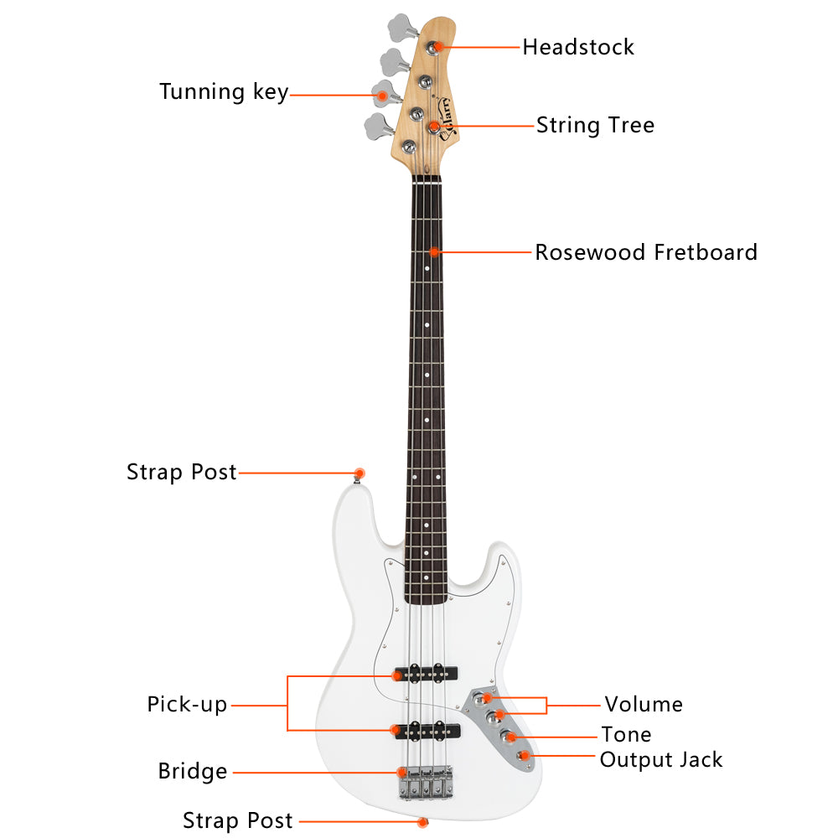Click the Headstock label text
click(x=578, y=47)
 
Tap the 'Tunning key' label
click(x=224, y=92)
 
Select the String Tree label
click(x=595, y=126)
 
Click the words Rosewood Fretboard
click(x=646, y=252)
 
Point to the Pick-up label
click(x=187, y=705)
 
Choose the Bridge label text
click(x=193, y=772)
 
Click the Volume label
click(x=644, y=705)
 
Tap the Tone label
click(x=626, y=735)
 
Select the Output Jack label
click(x=661, y=760)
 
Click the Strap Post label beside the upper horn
click(x=182, y=473)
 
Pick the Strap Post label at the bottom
click(x=238, y=820)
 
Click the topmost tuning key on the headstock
click(x=403, y=28)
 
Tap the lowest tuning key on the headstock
click(x=379, y=127)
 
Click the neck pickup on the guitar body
click(x=426, y=674)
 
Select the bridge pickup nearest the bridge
click(x=427, y=731)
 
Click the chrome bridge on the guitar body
click(x=427, y=783)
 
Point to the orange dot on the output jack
click(x=525, y=756)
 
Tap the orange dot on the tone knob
click(x=511, y=737)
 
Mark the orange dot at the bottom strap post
click(x=422, y=822)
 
